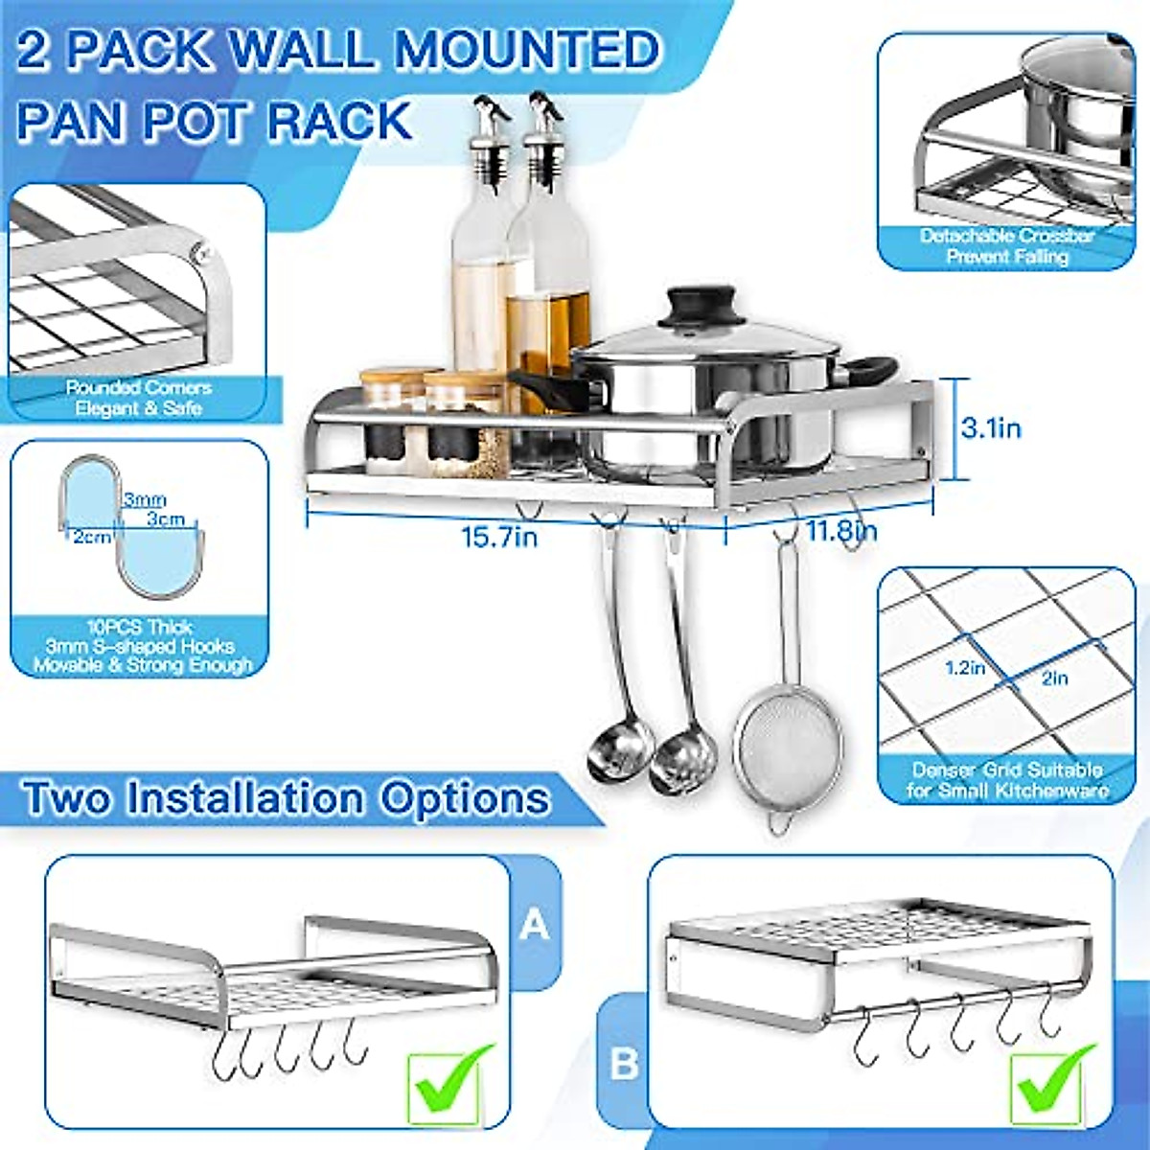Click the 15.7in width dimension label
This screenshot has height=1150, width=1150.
coord(499,536)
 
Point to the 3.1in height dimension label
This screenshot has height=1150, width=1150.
coord(991,427)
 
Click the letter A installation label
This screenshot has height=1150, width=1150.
coord(534,925)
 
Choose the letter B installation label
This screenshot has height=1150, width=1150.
coord(624,1064)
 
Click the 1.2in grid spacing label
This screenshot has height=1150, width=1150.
coord(965,668)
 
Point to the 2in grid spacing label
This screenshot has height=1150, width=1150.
coord(1054,678)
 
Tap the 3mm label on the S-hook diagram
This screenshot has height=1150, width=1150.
coord(144,499)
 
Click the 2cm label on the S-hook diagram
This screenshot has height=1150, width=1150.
coord(92,537)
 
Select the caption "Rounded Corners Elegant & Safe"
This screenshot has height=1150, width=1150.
coord(138,398)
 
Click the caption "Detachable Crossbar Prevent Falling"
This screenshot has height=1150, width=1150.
coord(1006,246)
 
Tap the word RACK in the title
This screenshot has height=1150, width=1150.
coord(339,122)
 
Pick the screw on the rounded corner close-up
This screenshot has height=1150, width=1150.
coord(200,253)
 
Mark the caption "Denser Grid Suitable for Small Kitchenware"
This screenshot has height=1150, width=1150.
coord(1006,780)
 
